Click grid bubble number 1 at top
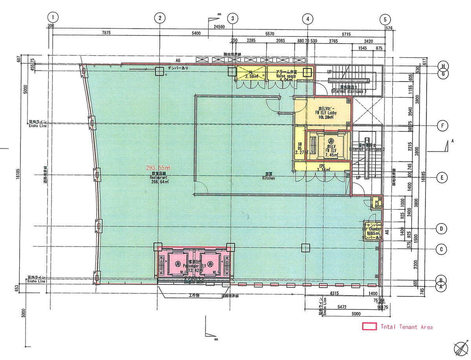[x=53, y=18]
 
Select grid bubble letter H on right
[x=443, y=66]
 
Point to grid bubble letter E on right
[x=442, y=177]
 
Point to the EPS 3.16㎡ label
[x=322, y=168]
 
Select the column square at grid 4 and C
[x=305, y=248]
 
